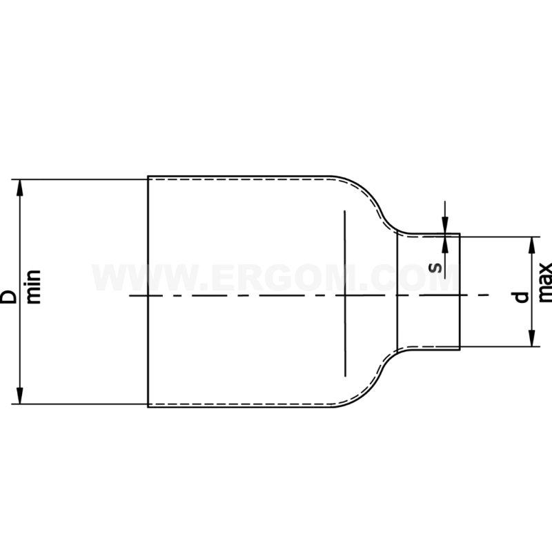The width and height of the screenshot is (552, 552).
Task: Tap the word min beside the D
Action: click(34, 287)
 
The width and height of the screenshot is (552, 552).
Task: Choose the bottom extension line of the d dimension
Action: click(497, 346)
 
